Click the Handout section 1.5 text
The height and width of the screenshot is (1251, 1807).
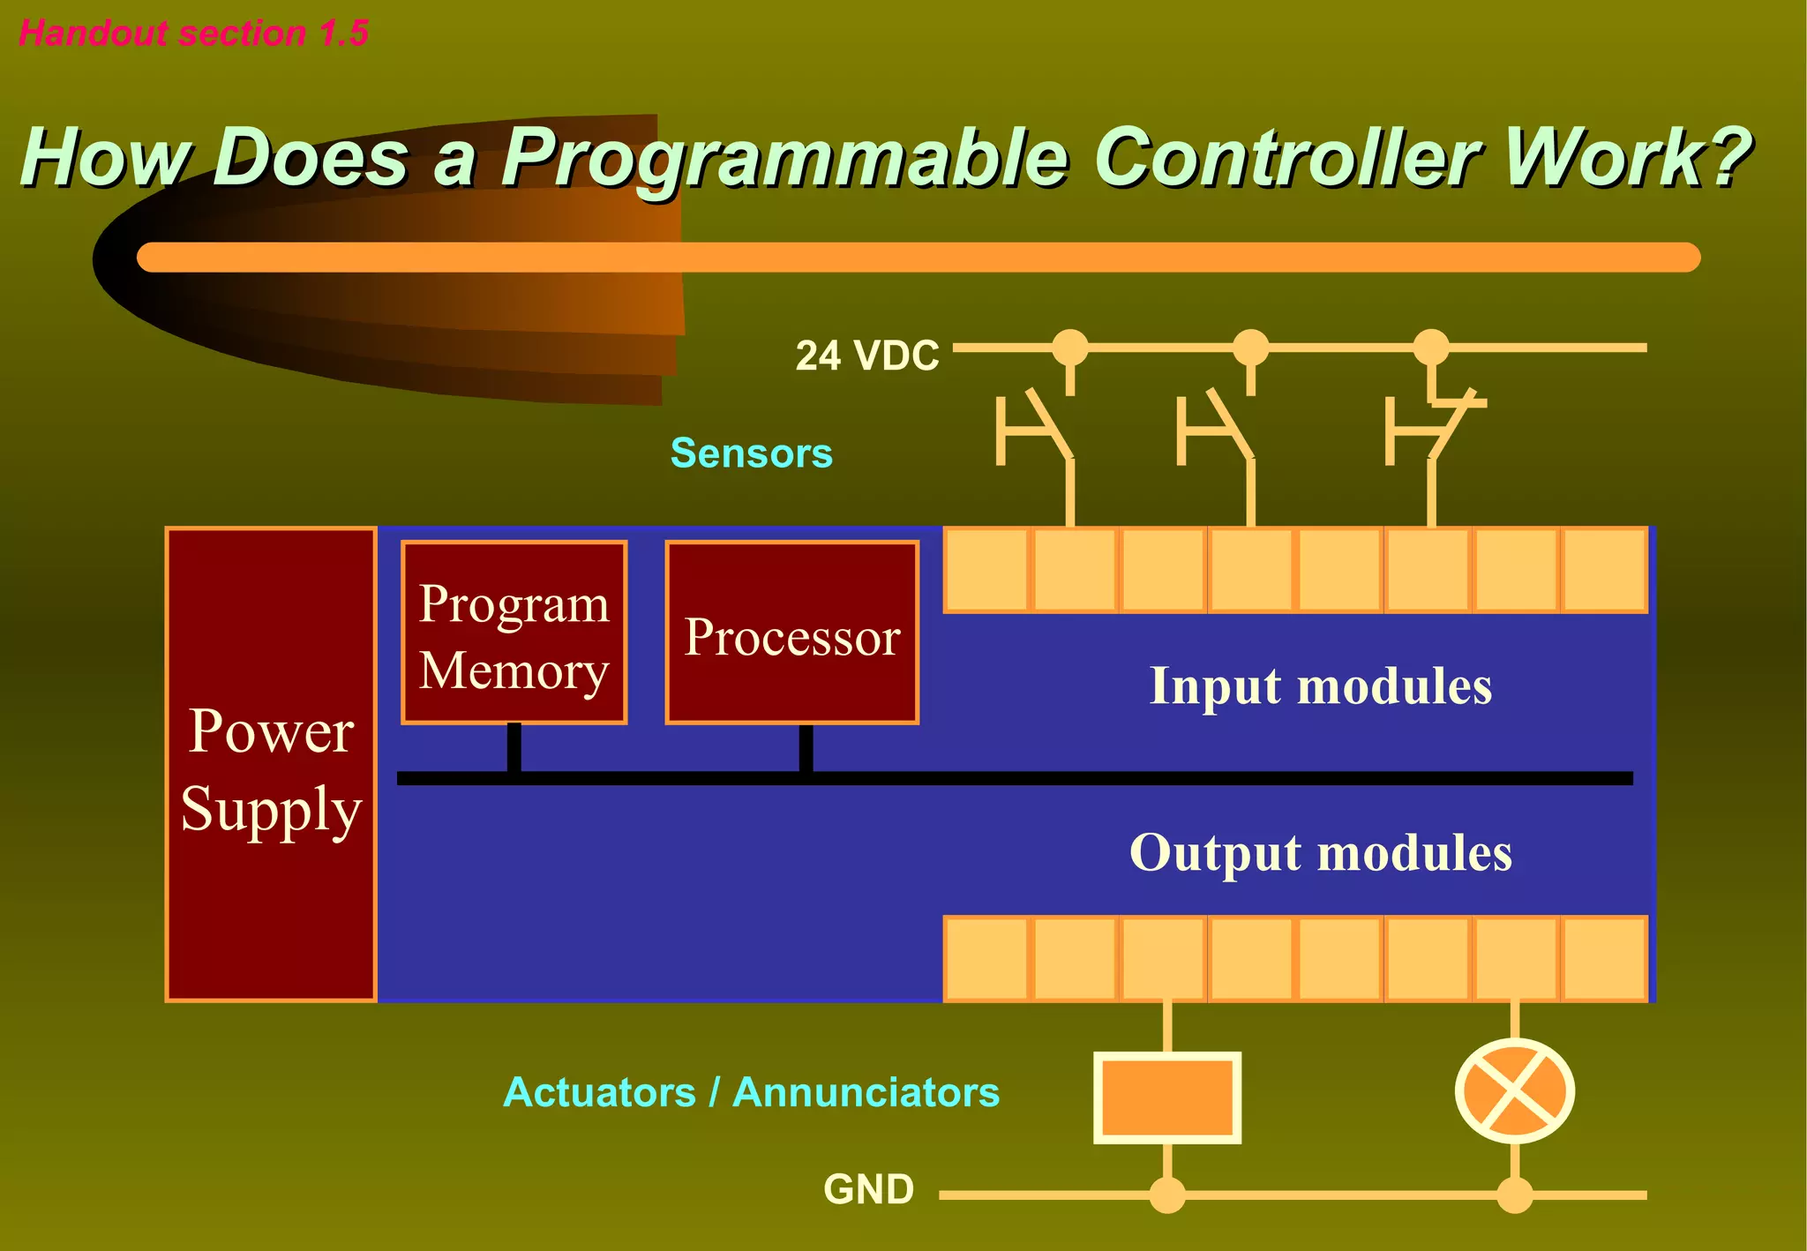(x=193, y=34)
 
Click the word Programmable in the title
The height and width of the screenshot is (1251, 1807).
(x=785, y=159)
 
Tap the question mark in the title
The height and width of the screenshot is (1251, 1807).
(x=1721, y=157)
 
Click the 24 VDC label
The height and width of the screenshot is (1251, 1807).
(x=866, y=356)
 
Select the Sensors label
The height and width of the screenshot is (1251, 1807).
(x=751, y=453)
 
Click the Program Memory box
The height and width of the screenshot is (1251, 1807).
(x=514, y=633)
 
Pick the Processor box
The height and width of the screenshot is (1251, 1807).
(x=791, y=633)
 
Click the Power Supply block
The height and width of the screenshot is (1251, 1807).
(x=271, y=764)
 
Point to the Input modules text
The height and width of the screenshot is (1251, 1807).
(x=1320, y=685)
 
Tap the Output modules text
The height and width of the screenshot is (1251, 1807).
(x=1320, y=852)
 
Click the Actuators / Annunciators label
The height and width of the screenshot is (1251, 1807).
(x=751, y=1092)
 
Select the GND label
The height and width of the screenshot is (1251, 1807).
(x=868, y=1189)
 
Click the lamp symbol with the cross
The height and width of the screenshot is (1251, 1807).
(x=1514, y=1090)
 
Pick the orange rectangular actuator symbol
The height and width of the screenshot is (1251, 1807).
(x=1166, y=1097)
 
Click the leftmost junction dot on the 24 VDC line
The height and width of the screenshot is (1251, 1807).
(x=1070, y=347)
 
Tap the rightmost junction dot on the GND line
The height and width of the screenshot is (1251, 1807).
(x=1514, y=1195)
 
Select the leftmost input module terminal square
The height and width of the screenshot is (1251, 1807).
(x=986, y=570)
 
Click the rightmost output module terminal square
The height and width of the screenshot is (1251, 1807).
(x=1603, y=958)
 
